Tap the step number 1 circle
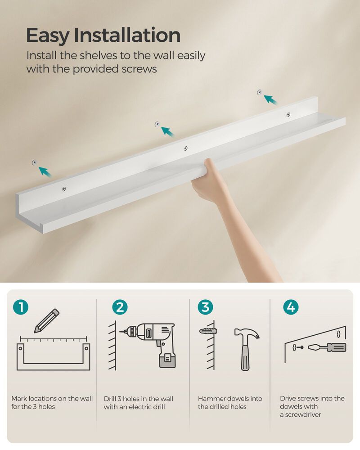pyautogui.click(x=21, y=307)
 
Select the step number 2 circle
pyautogui.click(x=120, y=307)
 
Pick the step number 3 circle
pyautogui.click(x=205, y=307)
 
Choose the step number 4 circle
pyautogui.click(x=291, y=307)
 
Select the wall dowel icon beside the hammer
pyautogui.click(x=208, y=331)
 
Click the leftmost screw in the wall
pyautogui.click(x=34, y=162)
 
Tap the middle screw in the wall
pyautogui.click(x=157, y=123)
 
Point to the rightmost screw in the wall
pyautogui.click(x=260, y=92)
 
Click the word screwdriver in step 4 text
pyautogui.click(x=303, y=414)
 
